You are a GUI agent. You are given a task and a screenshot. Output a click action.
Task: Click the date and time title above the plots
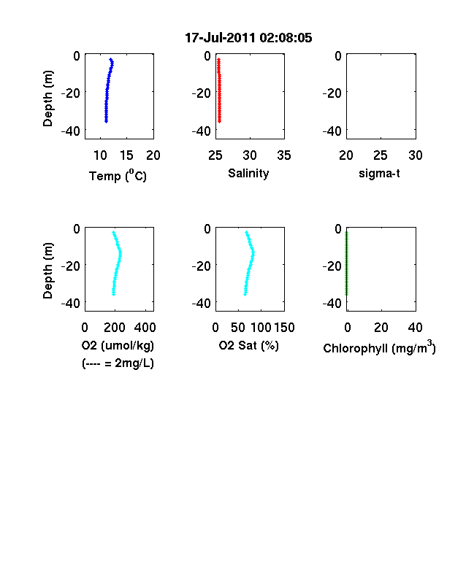point(248,38)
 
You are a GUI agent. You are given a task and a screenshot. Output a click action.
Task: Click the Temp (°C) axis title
point(118,176)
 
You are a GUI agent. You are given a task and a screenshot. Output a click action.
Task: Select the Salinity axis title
point(248,174)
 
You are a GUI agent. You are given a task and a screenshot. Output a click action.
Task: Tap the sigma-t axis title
point(379,174)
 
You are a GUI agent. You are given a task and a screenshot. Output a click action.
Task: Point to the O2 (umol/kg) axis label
point(118,346)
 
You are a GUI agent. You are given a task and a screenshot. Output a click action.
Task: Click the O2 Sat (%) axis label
point(249,346)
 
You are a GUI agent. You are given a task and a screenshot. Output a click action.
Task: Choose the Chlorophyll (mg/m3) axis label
point(379,347)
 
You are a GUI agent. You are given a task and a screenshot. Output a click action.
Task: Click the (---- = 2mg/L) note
point(118,363)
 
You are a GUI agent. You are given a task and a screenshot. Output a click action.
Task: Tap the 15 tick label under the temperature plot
point(126,155)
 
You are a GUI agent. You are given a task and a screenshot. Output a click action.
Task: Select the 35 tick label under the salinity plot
point(284,155)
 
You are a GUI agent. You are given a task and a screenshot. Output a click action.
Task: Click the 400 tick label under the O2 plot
point(145,328)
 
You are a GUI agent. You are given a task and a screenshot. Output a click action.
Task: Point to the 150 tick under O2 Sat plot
point(284,328)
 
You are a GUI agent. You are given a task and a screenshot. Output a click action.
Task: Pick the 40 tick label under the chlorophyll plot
point(415,328)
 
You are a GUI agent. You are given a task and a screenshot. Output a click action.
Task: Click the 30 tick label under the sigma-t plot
point(416,155)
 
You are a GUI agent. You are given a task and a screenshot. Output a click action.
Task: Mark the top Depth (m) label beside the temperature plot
point(47,99)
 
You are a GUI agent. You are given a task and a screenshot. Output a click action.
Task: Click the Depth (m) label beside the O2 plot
point(47,271)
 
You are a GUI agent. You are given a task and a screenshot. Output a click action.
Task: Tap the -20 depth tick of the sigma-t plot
point(332,93)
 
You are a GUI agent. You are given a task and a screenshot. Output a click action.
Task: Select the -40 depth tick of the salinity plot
point(201,131)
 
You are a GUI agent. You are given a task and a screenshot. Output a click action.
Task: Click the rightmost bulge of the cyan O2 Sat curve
point(253,252)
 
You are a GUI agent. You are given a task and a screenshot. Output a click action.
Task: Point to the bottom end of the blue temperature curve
point(106,121)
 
